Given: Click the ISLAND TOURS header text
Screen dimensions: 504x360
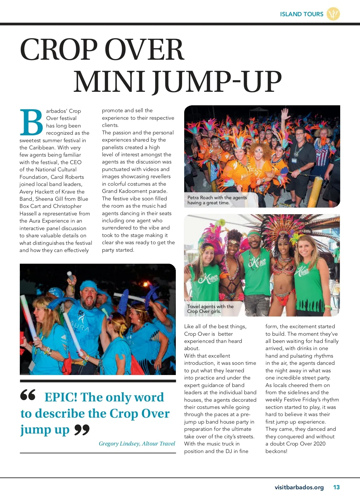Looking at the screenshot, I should [x=301, y=14].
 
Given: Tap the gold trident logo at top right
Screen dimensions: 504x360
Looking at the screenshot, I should [x=333, y=14].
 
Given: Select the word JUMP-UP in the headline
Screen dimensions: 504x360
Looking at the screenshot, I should [x=217, y=82].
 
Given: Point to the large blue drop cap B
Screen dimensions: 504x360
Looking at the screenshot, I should [x=31, y=122].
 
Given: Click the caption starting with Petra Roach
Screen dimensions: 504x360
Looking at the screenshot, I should [x=217, y=200].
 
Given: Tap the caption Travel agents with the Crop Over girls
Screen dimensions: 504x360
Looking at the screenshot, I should [x=210, y=309].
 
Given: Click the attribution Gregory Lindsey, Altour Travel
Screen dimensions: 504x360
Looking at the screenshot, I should [x=137, y=444].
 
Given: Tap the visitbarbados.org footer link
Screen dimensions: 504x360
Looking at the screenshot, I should [x=299, y=487].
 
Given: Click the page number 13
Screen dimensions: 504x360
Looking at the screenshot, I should [x=336, y=487].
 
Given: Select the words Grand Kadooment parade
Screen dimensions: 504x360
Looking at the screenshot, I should [x=135, y=191].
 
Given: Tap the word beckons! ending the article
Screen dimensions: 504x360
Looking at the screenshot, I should [x=276, y=451].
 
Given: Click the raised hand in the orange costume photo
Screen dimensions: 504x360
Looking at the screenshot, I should [x=284, y=114].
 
